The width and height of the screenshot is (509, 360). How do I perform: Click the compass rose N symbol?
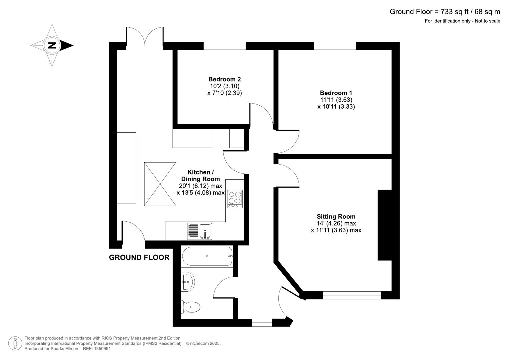[x=52, y=45]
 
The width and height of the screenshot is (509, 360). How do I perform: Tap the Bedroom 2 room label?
[x=224, y=79]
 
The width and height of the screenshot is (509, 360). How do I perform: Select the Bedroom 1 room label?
[x=336, y=93]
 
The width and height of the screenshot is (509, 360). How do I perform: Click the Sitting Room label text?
[x=336, y=217]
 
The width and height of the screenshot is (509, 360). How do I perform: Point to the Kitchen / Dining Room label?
[x=200, y=176]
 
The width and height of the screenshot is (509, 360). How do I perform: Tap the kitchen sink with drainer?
[x=199, y=231]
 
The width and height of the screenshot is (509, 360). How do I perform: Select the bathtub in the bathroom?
[x=207, y=256]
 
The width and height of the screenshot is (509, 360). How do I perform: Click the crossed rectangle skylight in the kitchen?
[x=160, y=184]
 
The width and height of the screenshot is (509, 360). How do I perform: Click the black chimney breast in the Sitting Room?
[x=384, y=225]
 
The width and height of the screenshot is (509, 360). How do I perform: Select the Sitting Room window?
[x=352, y=295]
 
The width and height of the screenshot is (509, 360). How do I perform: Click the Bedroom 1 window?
[x=335, y=46]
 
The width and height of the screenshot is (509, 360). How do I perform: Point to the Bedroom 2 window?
[x=224, y=46]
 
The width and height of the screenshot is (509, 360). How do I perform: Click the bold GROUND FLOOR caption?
[x=139, y=257]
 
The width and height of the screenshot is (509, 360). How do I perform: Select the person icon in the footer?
[x=15, y=343]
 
